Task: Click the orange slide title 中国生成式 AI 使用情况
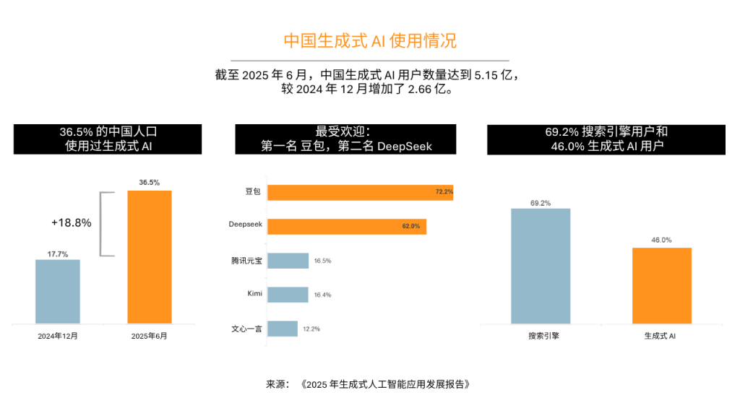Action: (x=369, y=40)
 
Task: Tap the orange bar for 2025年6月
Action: (x=150, y=256)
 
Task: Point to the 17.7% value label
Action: (x=58, y=253)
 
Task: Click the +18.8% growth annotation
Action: (x=72, y=223)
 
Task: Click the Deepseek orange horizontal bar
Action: (x=346, y=226)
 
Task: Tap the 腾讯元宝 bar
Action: (x=288, y=261)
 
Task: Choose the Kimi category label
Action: (x=254, y=295)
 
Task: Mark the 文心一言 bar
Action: (x=282, y=329)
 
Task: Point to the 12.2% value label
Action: (x=311, y=329)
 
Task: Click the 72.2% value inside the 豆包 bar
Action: (x=444, y=192)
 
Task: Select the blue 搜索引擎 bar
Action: (x=541, y=266)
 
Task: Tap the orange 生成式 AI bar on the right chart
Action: (x=661, y=285)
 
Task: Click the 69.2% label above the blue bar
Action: (x=541, y=203)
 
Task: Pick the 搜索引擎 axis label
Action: (x=541, y=337)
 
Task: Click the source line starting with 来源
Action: (x=369, y=384)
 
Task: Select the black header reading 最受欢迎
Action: (x=345, y=139)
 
